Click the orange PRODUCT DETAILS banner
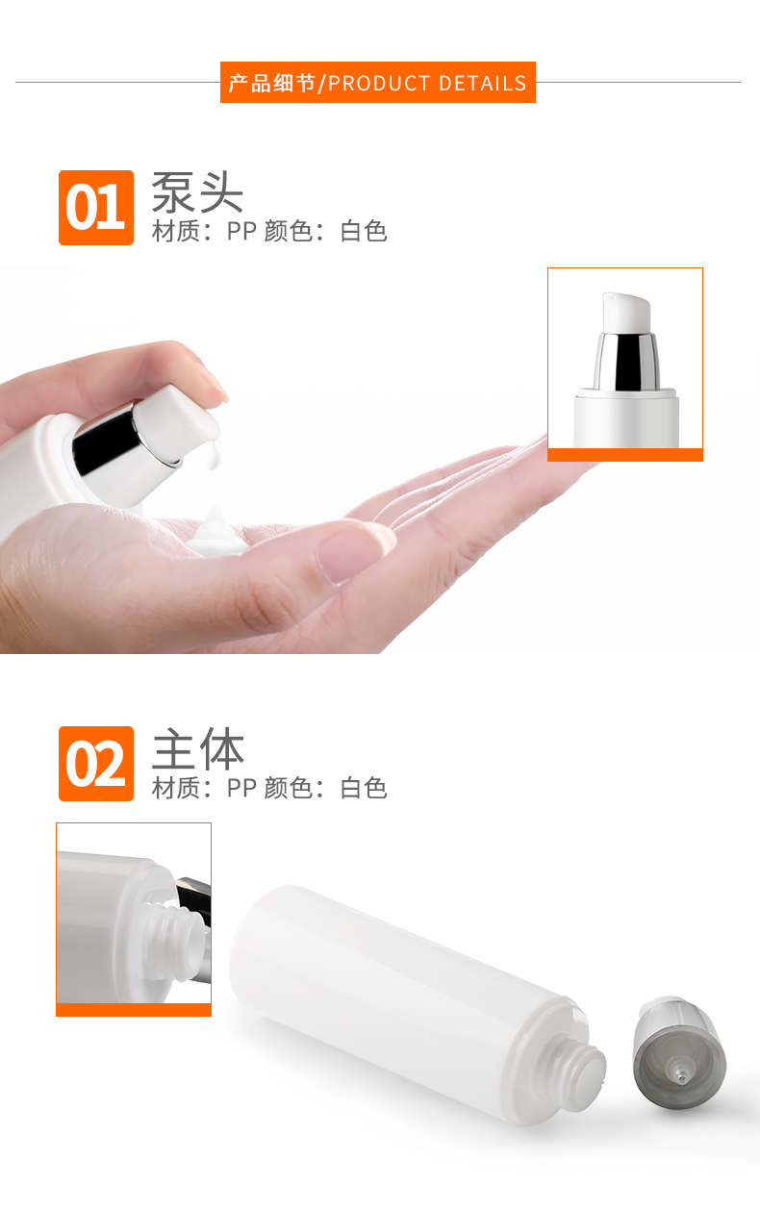coord(378,83)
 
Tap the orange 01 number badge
coord(96,208)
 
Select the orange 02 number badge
coord(96,764)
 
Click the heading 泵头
coord(197,192)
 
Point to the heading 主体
coord(197,748)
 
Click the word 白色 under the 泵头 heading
coord(364,231)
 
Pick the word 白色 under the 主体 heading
coord(364,788)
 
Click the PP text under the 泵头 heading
coord(241,231)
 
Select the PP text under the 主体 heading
coord(241,788)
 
